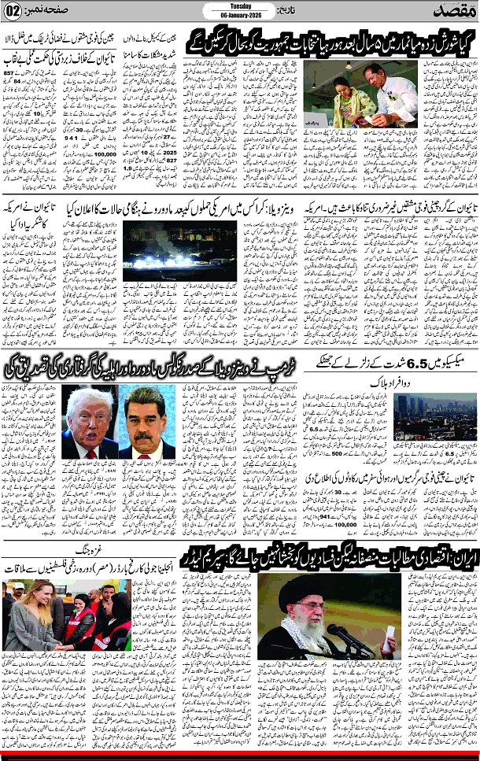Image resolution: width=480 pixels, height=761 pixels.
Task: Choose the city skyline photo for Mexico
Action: [x=436, y=415]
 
